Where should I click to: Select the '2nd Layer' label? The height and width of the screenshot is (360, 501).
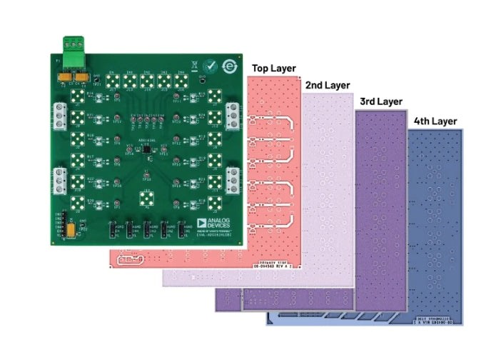tap(328, 85)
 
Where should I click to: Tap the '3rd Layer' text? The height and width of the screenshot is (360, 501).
tap(380, 101)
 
